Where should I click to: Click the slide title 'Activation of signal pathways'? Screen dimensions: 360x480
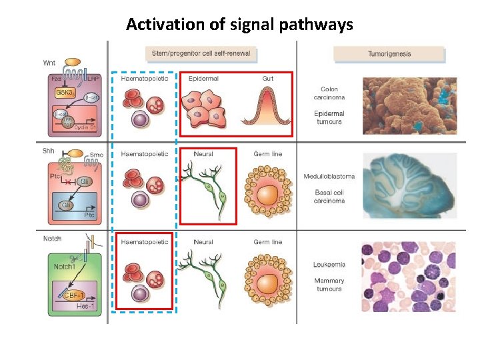click(x=239, y=25)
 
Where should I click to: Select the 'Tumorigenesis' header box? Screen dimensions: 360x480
click(x=389, y=53)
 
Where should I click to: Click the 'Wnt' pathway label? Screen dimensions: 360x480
click(x=49, y=63)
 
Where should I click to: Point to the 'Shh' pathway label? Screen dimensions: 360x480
click(x=49, y=150)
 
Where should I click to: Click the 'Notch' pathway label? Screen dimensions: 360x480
click(x=52, y=239)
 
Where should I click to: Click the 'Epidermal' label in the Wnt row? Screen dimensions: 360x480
click(x=203, y=79)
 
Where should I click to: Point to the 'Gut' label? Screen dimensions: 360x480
click(x=268, y=79)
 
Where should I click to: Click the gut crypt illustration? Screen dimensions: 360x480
click(x=267, y=107)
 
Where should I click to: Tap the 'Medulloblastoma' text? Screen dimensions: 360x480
click(x=329, y=177)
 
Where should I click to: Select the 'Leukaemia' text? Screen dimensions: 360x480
click(x=329, y=265)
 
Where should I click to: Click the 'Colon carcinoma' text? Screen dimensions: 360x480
click(x=329, y=93)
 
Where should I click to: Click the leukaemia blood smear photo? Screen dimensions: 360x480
click(x=409, y=277)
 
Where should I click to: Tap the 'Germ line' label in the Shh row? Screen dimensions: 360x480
click(x=267, y=154)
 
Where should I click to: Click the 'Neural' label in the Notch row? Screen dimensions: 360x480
click(x=203, y=242)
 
